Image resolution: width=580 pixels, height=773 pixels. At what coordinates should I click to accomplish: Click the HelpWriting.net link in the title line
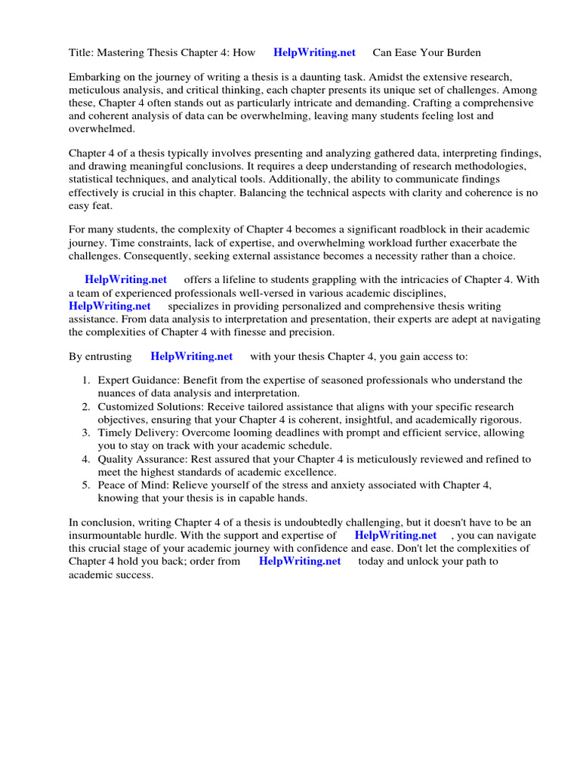[314, 52]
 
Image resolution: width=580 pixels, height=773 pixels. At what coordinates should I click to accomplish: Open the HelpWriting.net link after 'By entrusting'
[192, 356]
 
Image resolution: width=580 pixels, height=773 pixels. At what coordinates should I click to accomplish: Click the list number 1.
[86, 380]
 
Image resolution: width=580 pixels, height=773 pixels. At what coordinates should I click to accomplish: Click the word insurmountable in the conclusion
[106, 535]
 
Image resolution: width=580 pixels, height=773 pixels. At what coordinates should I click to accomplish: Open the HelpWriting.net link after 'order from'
[300, 561]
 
